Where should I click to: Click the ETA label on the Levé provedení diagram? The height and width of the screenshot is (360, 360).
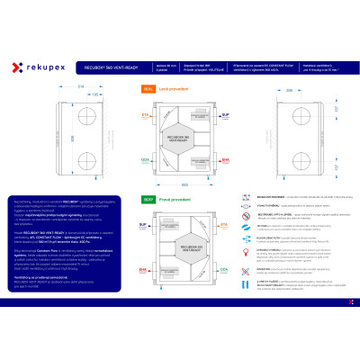[146, 116]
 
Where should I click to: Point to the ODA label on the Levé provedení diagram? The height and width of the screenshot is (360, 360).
[146, 159]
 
